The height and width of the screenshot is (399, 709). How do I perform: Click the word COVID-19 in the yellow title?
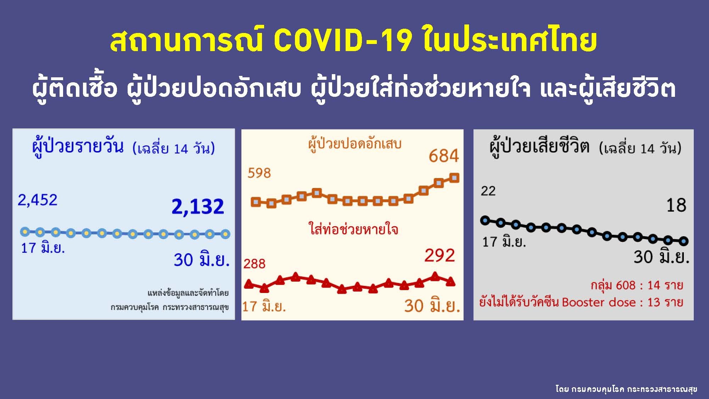coord(343,40)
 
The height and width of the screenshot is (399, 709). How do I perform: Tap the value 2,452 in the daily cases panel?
coord(38,200)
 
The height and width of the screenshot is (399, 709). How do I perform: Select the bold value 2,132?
coord(198,206)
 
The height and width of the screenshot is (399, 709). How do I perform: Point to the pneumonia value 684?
coord(443,156)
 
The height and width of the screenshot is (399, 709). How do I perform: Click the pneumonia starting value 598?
coord(259,173)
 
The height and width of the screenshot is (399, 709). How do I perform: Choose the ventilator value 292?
coord(440,255)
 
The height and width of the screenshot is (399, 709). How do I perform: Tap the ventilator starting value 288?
coord(255,264)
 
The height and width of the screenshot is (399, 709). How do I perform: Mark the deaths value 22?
coord(488,191)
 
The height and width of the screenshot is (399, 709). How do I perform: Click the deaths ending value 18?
coord(676,205)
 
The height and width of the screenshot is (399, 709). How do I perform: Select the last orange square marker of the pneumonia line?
coord(454,178)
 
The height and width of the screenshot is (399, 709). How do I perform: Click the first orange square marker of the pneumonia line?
coord(256,202)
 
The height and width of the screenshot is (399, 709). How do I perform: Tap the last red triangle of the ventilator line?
coord(450,282)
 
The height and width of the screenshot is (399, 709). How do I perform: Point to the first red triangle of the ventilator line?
coord(249,284)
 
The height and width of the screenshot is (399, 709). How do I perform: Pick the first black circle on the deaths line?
coord(485,221)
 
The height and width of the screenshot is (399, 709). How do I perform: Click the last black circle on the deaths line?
coord(683,241)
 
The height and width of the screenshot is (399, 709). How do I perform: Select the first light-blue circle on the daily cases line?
coord(25,232)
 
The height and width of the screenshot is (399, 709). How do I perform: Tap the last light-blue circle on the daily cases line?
coord(225,234)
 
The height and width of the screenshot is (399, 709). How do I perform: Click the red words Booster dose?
coord(599,302)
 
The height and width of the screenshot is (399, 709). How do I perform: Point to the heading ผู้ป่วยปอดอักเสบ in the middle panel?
coord(354,144)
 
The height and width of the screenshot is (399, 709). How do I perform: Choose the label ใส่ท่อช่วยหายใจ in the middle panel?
coord(353,229)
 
